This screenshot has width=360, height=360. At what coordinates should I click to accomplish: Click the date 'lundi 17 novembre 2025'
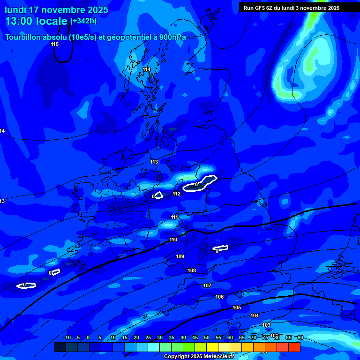(56, 10)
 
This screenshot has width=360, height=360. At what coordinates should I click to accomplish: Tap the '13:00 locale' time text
(37, 21)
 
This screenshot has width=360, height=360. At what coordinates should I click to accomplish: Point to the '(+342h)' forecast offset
(83, 21)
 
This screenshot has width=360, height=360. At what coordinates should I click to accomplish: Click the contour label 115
(55, 45)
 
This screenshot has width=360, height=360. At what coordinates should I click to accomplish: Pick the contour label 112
(177, 194)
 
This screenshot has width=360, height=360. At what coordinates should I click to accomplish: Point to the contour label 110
(173, 240)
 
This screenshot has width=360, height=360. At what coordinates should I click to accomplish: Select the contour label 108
(192, 270)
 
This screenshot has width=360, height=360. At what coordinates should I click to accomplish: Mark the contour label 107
(207, 285)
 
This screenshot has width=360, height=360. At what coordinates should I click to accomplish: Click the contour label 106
(219, 297)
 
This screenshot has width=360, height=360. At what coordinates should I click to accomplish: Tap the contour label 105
(237, 307)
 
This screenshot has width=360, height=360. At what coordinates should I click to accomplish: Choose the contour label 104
(255, 315)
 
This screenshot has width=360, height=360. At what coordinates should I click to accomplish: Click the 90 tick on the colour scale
(300, 337)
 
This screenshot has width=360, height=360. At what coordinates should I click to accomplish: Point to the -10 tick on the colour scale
(67, 337)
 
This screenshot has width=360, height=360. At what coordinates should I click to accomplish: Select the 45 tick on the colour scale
(195, 337)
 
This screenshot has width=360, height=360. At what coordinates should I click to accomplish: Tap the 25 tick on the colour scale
(148, 337)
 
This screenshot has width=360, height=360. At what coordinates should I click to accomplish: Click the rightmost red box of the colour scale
(294, 347)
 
